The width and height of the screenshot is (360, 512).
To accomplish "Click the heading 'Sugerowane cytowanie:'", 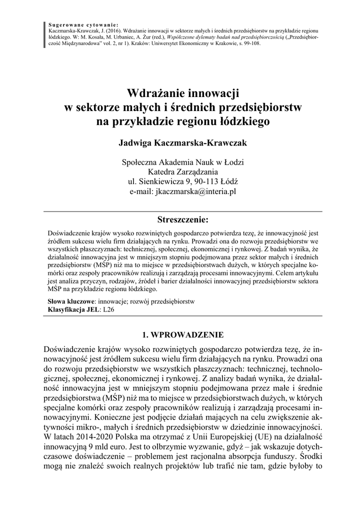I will coord(83,24).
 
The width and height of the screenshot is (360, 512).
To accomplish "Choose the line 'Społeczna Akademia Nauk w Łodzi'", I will coord(179,162).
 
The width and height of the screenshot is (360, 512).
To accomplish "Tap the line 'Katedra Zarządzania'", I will coord(179,171).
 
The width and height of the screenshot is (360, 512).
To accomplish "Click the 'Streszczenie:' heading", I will coord(179,219).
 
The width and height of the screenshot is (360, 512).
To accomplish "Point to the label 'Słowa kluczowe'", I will coord(71,302).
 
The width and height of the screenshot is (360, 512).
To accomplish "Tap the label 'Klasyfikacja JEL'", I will coord(73,310).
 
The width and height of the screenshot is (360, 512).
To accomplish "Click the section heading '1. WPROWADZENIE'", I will coord(179,334).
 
